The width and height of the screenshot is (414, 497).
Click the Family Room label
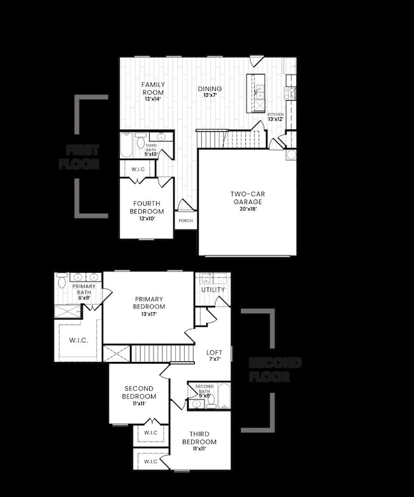[153, 89]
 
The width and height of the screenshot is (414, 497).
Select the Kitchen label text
[275, 114]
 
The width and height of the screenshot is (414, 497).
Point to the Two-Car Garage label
[246, 198]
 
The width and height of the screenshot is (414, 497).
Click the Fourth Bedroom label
[148, 207]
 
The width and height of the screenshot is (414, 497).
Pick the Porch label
[185, 221]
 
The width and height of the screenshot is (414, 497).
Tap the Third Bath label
[150, 147]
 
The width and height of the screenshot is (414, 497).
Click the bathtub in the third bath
[126, 145]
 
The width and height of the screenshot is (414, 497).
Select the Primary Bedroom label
[149, 303]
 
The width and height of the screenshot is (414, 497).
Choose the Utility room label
[213, 290]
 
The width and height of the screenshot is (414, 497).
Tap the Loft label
[215, 352]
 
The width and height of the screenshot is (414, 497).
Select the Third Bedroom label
[199, 438]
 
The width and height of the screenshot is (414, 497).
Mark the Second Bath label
[204, 387]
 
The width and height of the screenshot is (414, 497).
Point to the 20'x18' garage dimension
[246, 208]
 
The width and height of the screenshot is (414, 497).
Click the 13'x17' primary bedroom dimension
[149, 313]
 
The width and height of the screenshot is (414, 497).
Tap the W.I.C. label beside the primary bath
[78, 341]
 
